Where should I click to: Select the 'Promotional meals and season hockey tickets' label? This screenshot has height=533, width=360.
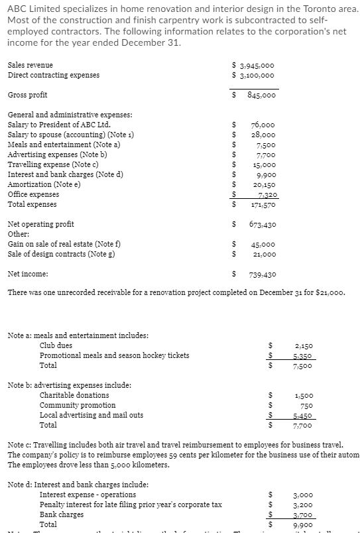coord(114,355)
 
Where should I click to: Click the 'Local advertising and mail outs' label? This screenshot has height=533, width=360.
coord(91,415)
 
